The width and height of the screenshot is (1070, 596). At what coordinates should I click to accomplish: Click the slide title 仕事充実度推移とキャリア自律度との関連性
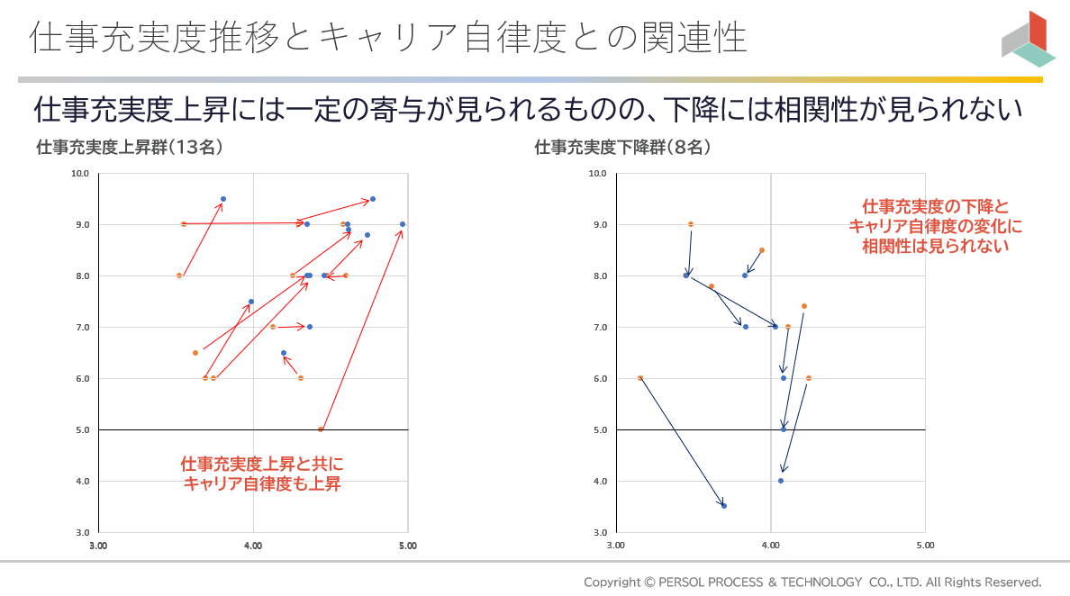387,38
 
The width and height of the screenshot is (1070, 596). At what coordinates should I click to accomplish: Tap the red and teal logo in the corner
1028,41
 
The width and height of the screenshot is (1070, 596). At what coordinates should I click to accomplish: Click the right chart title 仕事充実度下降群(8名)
623,148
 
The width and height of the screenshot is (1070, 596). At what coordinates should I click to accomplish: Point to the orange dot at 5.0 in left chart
321,429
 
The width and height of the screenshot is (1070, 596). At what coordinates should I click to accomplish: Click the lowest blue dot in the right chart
724,506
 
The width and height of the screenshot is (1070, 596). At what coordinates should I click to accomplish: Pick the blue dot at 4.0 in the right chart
781,481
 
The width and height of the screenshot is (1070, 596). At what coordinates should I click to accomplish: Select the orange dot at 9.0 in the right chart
691,224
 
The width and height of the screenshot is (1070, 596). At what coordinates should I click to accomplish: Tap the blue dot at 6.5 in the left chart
284,353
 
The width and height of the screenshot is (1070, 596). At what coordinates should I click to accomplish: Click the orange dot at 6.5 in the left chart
195,353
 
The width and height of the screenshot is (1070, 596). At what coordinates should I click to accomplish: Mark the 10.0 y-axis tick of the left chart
80,173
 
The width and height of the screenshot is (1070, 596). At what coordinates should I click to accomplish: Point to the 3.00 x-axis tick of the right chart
616,546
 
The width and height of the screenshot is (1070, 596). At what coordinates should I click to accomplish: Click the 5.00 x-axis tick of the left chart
407,546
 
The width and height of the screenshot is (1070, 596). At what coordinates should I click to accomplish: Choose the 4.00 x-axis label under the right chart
770,546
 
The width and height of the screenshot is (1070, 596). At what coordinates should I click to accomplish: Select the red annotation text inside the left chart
262,474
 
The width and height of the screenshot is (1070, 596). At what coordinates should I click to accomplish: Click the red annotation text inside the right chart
936,225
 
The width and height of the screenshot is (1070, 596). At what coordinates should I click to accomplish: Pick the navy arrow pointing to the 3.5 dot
682,441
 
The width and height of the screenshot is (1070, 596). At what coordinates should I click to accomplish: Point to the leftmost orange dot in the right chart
640,378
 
